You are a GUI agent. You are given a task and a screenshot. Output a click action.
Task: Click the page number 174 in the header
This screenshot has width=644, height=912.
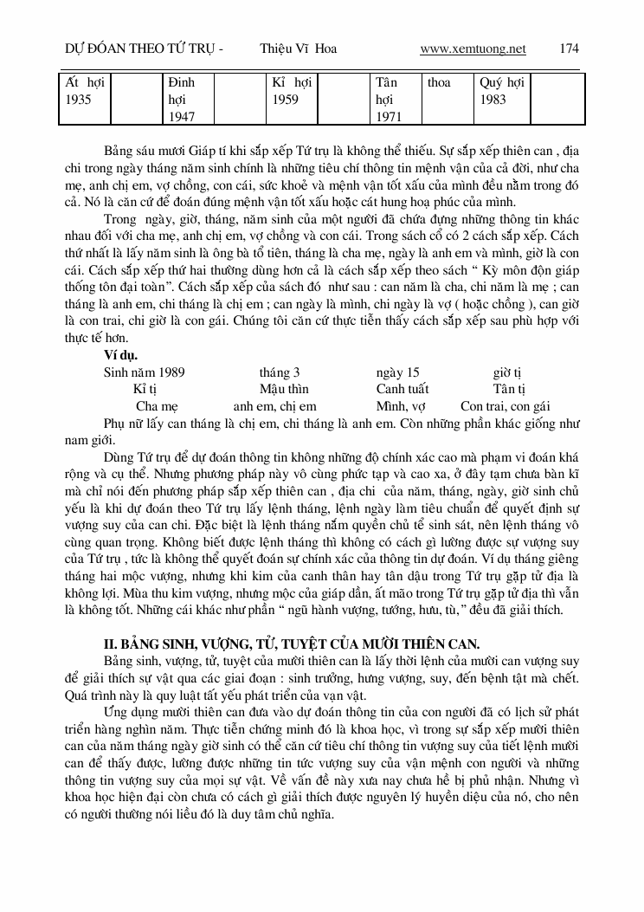tap(570, 49)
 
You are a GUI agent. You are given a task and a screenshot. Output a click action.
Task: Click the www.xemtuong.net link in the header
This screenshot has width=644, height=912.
tap(473, 49)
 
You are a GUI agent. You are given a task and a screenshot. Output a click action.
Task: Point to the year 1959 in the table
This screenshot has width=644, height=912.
tap(285, 100)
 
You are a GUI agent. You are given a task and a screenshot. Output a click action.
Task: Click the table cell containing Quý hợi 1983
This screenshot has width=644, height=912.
tap(502, 91)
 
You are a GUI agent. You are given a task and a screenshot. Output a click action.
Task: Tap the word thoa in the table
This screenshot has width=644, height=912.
tap(439, 83)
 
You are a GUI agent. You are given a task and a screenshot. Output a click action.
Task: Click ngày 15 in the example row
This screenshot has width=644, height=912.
tap(397, 372)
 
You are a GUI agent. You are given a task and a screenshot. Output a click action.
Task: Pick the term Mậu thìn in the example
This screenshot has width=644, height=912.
tap(284, 389)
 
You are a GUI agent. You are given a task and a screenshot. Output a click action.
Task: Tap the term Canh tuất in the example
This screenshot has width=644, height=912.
tap(402, 389)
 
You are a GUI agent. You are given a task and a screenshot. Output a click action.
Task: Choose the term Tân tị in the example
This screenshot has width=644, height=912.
tap(510, 389)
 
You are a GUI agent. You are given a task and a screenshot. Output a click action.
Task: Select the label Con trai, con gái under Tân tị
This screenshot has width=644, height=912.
tap(506, 405)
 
